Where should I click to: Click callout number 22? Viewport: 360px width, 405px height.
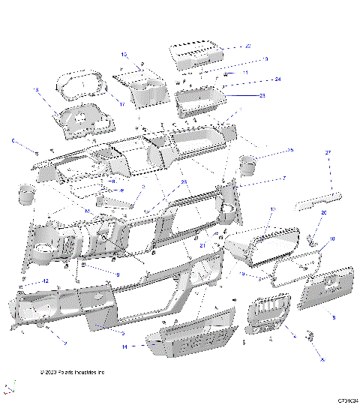pos(247,46)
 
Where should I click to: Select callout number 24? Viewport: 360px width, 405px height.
pos(277,79)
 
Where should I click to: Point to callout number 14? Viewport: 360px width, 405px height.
pos(125,347)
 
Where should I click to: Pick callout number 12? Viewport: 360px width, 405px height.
pos(46,280)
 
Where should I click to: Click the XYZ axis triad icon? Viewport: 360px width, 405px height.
pos(10,388)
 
